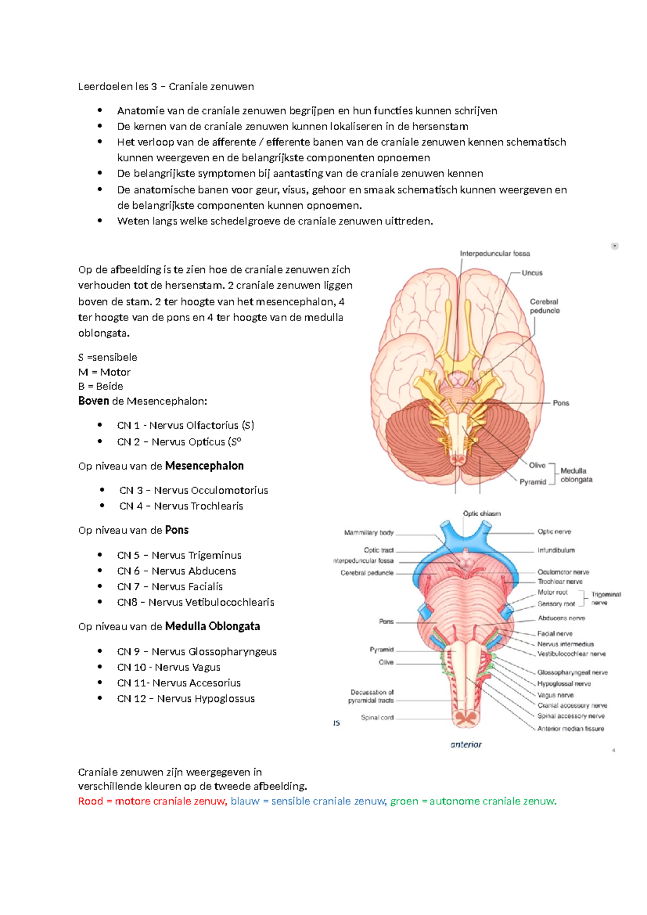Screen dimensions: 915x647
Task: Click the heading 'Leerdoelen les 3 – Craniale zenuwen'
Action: point(166,86)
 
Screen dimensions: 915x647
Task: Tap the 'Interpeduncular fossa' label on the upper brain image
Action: point(494,254)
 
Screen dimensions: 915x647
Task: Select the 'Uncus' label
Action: point(532,273)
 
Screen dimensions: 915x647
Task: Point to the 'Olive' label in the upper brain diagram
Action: point(537,465)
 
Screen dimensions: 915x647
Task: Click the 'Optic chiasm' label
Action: point(481,514)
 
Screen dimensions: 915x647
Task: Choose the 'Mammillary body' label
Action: point(369,532)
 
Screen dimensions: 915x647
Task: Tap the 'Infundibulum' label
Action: point(556,550)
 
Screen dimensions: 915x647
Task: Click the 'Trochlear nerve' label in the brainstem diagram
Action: point(560,582)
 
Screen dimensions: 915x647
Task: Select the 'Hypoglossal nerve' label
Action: point(564,684)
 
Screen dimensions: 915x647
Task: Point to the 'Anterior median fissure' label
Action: point(570,728)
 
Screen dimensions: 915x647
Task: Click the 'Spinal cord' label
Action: point(377,718)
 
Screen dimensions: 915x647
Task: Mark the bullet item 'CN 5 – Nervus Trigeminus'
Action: point(179,555)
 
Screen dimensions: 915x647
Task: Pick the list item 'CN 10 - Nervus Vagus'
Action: point(169,667)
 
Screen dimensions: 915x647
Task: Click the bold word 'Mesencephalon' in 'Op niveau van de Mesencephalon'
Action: point(204,466)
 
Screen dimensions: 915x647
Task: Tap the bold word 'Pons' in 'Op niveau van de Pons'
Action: point(177,530)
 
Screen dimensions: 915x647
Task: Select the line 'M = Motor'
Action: point(105,372)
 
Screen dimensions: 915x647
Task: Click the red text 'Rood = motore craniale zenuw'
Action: point(153,801)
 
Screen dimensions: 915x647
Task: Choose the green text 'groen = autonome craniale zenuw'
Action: point(473,801)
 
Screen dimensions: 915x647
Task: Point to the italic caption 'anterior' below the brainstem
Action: point(466,745)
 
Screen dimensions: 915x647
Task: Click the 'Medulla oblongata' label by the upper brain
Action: point(576,475)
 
